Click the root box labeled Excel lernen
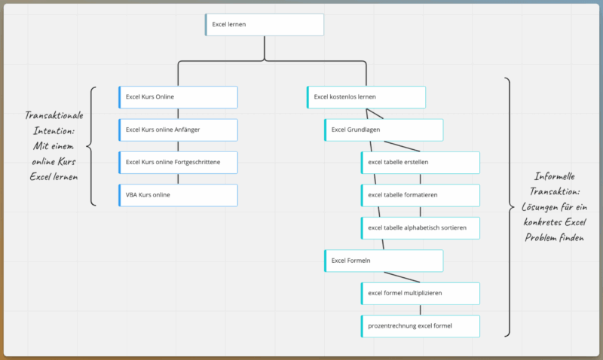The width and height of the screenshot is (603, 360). (x=265, y=24)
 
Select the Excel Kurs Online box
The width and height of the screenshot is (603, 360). (x=178, y=97)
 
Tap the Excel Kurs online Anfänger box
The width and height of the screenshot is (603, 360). (x=178, y=130)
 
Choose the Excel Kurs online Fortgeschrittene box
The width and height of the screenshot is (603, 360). (x=178, y=163)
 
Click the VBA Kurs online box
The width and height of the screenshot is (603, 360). (x=178, y=195)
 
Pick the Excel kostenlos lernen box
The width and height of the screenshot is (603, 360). (x=366, y=97)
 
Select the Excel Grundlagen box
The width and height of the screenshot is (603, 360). (x=384, y=130)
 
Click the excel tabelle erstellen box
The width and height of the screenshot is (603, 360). (x=420, y=163)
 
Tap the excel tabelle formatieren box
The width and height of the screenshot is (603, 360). (x=420, y=195)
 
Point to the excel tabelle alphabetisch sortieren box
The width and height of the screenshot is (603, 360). (x=420, y=228)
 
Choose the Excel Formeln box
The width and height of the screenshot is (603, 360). (x=384, y=261)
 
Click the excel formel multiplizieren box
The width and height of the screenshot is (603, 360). (x=420, y=293)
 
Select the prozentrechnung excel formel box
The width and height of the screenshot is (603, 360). (x=420, y=325)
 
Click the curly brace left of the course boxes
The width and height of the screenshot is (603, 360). (x=92, y=146)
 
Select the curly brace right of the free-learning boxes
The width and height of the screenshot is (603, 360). (x=509, y=206)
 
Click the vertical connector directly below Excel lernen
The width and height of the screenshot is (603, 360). (x=265, y=47)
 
